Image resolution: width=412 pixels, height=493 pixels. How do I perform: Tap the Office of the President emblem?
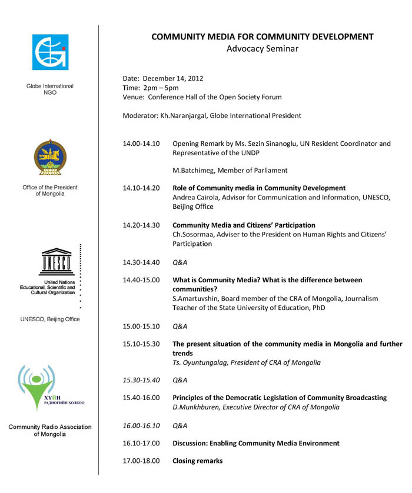click(x=50, y=158)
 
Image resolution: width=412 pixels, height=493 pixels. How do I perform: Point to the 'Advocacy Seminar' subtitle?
click(x=262, y=49)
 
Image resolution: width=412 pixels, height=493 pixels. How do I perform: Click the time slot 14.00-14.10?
click(x=141, y=144)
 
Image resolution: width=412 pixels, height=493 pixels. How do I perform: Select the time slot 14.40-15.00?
click(x=141, y=280)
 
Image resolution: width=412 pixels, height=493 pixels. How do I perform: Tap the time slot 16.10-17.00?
click(x=141, y=443)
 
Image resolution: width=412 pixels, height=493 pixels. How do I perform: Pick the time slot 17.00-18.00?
click(x=141, y=461)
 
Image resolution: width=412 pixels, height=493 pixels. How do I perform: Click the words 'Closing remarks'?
click(x=197, y=461)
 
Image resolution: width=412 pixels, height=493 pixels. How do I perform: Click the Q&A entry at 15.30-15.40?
click(x=180, y=380)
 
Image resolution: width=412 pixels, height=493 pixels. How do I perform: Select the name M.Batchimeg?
click(x=197, y=171)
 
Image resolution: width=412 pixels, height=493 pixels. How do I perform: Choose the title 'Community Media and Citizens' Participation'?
click(x=244, y=225)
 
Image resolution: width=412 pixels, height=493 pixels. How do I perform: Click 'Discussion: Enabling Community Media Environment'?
click(x=255, y=443)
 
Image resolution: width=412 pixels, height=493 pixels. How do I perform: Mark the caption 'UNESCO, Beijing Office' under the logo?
click(x=50, y=319)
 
